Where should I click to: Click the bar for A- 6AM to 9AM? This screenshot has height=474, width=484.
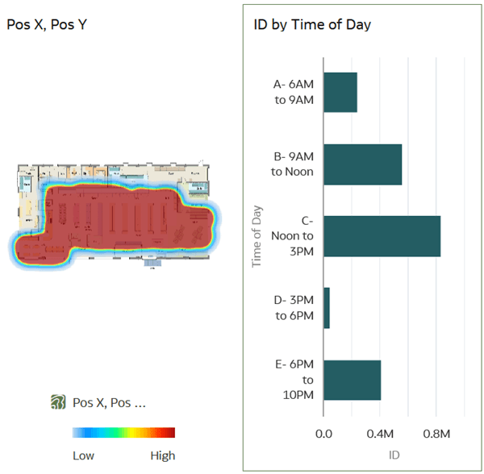pos(340,92)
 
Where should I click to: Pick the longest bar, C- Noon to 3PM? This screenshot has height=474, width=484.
pos(382,236)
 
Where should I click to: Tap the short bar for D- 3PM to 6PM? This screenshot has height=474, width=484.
pos(327,308)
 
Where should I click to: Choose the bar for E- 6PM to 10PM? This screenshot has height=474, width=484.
pos(352,380)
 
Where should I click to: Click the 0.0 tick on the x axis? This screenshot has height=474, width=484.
pos(323,434)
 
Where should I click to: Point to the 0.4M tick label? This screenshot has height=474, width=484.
pos(380,434)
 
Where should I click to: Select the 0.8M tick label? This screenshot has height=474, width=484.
pos(436,434)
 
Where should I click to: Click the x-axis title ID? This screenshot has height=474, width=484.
pos(394,455)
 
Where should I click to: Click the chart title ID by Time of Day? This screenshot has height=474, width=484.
pos(307,24)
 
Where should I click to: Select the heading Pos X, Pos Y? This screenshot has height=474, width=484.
pos(47,24)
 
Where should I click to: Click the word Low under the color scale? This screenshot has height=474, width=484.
pos(83,455)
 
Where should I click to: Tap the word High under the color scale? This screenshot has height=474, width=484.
pos(162,455)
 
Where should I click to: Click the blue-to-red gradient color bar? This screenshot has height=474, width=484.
pos(123,433)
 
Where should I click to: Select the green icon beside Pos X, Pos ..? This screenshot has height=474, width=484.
pos(57,401)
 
